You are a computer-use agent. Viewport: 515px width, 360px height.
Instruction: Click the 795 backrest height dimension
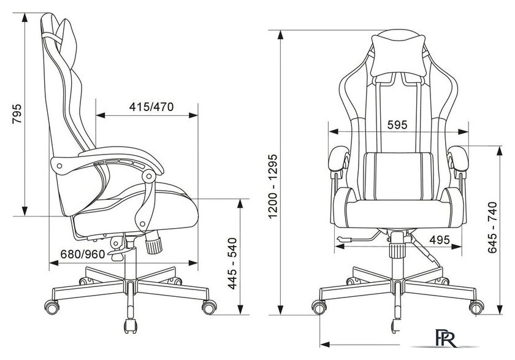tap(17, 113)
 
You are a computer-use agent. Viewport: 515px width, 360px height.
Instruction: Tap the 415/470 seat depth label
tap(151, 107)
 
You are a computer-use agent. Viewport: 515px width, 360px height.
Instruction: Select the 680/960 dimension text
tap(83, 254)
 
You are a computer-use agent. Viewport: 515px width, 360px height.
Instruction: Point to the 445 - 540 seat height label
tap(232, 264)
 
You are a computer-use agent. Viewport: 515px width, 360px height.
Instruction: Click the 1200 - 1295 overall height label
tap(273, 186)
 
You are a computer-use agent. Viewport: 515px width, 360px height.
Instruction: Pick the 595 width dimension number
tap(397, 125)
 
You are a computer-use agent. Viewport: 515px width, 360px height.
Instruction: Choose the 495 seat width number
tap(440, 240)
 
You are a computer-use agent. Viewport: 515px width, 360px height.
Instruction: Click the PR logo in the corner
tap(446, 338)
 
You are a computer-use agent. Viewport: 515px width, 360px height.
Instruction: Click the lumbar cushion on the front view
tap(398, 176)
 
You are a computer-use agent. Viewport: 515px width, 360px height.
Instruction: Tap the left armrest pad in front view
tap(338, 159)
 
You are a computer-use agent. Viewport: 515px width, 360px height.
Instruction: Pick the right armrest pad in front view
tap(458, 159)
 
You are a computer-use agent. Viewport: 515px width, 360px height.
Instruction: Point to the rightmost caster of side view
tap(209, 307)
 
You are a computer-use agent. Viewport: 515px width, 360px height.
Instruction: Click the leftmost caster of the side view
tap(52, 307)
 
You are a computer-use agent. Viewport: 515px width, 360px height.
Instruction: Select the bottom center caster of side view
tap(131, 326)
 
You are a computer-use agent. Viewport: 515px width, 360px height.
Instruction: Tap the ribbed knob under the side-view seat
tap(153, 242)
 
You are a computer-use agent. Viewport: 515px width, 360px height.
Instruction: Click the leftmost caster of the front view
tap(319, 307)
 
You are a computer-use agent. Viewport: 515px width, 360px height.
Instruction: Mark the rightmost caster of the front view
tap(476, 307)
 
